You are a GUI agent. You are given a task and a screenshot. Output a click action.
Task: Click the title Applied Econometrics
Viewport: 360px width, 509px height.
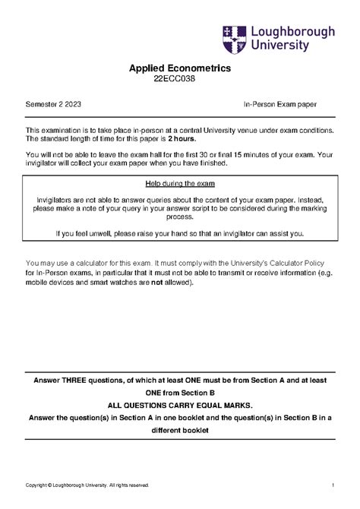click(x=180, y=69)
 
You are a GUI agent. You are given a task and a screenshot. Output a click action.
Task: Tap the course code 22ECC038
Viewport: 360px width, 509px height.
click(x=180, y=81)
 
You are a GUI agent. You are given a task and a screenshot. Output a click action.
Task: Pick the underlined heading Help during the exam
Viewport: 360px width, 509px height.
click(x=180, y=185)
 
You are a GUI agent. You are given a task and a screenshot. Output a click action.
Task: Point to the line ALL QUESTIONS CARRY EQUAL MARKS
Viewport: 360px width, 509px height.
click(x=180, y=406)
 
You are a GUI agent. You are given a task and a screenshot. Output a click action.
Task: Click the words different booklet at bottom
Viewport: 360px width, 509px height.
click(x=180, y=431)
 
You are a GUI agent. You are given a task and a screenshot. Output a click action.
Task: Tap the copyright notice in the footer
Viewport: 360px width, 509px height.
click(x=87, y=485)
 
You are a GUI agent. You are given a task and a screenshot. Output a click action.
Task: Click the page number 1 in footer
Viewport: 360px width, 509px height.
click(x=333, y=485)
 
